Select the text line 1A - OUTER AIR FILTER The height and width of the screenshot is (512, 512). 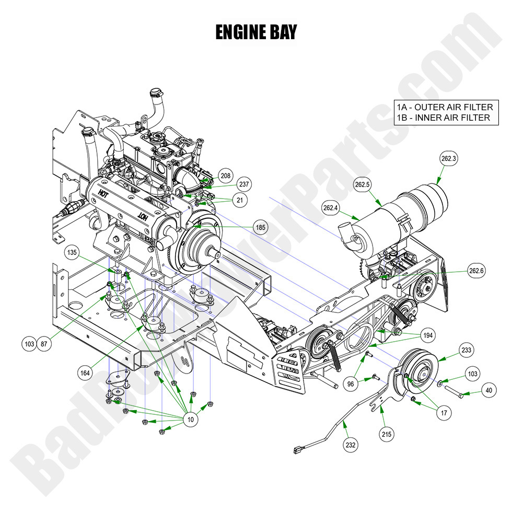444,107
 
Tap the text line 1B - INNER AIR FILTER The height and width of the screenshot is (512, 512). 443,118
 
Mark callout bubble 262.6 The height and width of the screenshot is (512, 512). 476,271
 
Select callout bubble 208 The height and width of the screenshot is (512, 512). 225,177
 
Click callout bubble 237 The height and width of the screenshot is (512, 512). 244,184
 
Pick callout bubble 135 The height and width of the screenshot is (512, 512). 72,253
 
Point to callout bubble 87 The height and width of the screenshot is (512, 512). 45,344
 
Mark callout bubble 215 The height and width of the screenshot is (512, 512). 388,434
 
